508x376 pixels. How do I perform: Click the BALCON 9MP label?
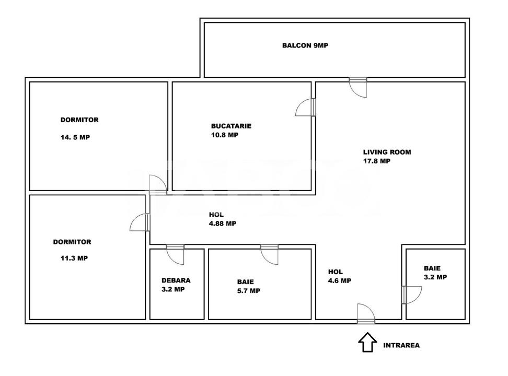point(305,45)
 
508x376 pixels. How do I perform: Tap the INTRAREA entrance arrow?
point(367,343)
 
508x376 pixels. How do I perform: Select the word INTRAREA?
point(401,345)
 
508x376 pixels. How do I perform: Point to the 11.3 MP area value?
point(74,258)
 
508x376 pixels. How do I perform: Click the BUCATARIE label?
point(231,126)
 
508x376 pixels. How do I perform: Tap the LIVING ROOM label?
point(387,152)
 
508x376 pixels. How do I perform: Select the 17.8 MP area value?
point(377,161)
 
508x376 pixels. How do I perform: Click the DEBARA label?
point(176,280)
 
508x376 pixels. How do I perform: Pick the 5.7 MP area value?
point(248,291)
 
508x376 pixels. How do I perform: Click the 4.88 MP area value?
point(222,223)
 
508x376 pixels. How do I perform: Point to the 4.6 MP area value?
point(339,280)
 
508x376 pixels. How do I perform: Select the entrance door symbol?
point(365,313)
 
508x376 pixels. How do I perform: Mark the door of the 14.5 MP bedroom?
point(157,184)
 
